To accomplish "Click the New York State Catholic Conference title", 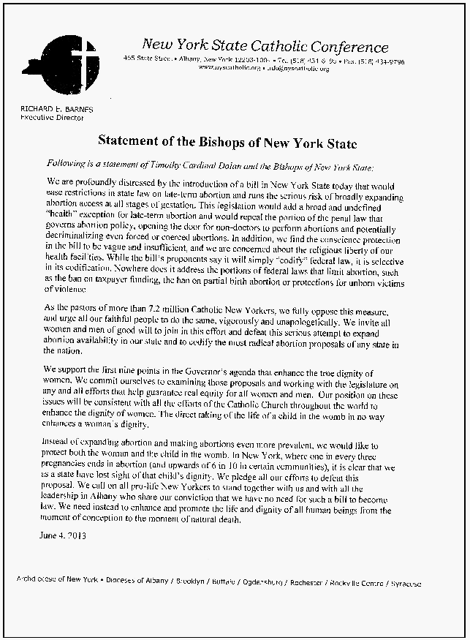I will pyautogui.click(x=265, y=47).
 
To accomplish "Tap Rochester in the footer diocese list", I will pyautogui.click(x=307, y=584).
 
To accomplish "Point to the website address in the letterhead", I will pyautogui.click(x=229, y=67).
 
